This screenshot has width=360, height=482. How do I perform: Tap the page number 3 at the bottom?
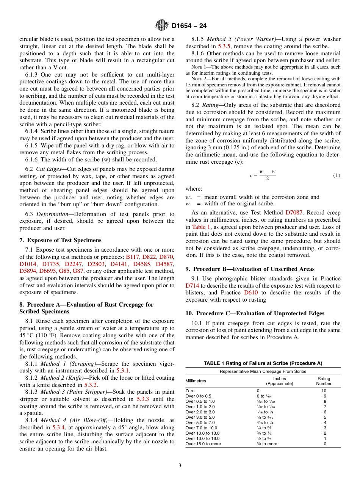click(180, 465)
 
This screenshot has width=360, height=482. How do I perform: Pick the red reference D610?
click(251, 293)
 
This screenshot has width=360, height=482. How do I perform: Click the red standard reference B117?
click(132, 257)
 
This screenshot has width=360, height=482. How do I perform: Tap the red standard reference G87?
click(78, 271)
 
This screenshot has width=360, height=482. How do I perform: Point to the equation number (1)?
click(337, 175)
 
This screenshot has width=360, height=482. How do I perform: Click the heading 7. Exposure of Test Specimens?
click(60, 240)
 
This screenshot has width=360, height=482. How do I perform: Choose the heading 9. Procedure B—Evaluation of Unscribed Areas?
click(250, 269)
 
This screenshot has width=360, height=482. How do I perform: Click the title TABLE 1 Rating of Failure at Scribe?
click(263, 363)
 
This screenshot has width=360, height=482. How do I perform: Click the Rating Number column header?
click(324, 381)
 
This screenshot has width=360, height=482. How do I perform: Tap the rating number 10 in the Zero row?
click(324, 391)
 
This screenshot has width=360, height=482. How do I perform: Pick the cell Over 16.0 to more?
click(203, 444)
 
